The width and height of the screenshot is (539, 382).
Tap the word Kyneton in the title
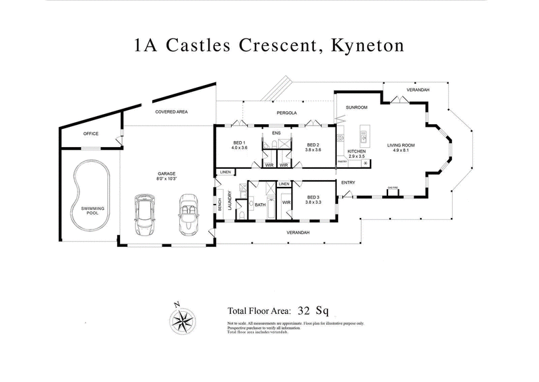tap(364, 47)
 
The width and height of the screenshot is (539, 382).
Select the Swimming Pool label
tap(92, 211)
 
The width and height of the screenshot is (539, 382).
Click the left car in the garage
tap(145, 215)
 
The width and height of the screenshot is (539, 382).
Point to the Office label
tap(91, 134)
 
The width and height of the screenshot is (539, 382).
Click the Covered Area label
tap(171, 111)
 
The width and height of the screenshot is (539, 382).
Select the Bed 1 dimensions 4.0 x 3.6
tap(240, 148)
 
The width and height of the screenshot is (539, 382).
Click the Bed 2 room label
tap(312, 143)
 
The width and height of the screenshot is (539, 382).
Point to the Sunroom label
tap(356, 107)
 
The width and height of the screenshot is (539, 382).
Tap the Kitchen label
tap(356, 151)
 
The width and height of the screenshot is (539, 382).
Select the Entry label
tap(348, 183)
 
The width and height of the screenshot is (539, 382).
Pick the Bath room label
tap(260, 204)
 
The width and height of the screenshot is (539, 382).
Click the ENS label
tap(276, 134)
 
